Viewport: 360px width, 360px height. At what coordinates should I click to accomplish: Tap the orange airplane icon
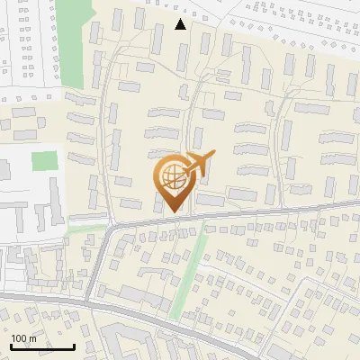(197, 164)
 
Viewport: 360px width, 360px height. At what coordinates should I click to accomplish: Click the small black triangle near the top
(181, 24)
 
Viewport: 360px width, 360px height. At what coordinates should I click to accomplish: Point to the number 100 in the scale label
(20, 338)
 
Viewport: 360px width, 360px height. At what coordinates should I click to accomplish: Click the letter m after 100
(32, 338)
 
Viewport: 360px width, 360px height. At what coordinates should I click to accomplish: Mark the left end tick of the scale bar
(12, 346)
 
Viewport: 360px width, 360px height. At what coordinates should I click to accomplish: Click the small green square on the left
(43, 162)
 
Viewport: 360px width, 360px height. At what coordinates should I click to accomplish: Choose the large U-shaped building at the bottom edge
(135, 343)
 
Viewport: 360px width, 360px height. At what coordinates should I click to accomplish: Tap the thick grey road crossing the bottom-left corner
(36, 298)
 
